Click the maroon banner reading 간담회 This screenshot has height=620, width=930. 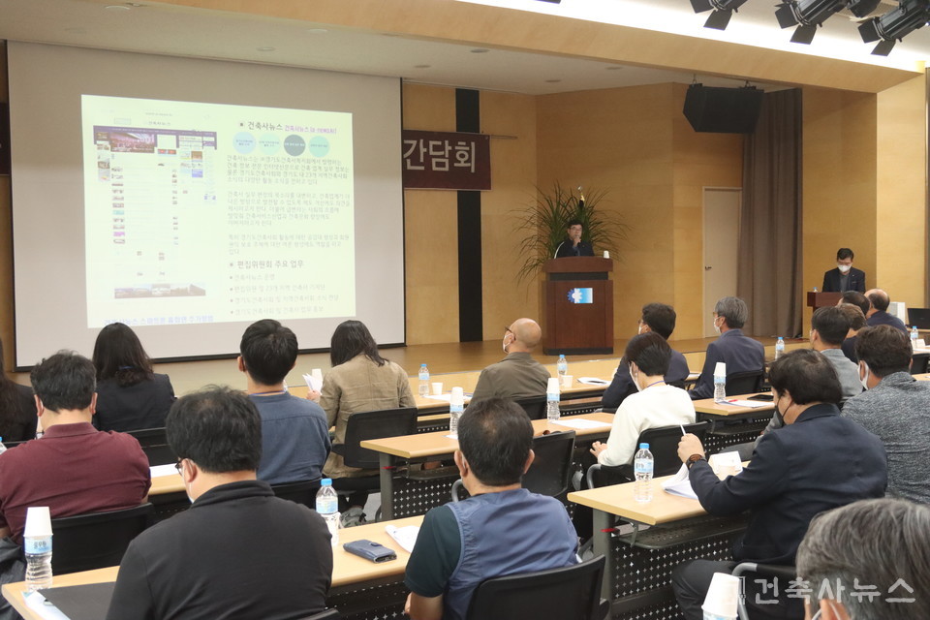coord(446,160)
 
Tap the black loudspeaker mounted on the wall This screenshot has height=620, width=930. coord(723,108)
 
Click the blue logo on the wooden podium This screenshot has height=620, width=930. coord(579,295)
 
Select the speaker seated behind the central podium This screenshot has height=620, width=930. coord(574,239)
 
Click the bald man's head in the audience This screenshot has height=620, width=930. coord(524,335)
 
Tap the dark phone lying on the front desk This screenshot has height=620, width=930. coord(369,550)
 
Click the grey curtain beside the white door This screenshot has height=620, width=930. coord(770,213)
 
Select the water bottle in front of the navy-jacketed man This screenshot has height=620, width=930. coord(643,472)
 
